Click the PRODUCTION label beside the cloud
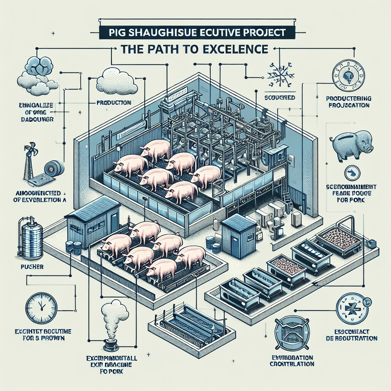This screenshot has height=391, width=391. pos(113,103)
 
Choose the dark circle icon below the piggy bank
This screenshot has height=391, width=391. pos(351,173)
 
